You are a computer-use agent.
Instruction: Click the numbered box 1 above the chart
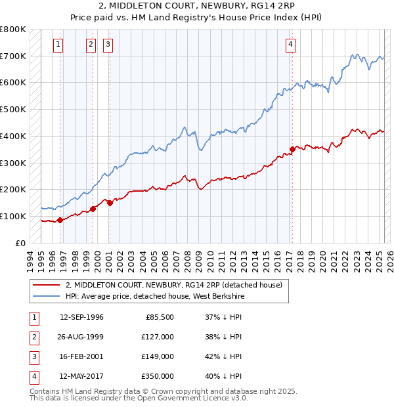tap(58, 45)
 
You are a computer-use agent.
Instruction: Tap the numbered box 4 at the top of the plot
tap(290, 45)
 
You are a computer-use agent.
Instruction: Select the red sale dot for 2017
tap(292, 149)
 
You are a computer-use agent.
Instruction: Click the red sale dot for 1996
tap(60, 220)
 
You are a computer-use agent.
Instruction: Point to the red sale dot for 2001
tap(110, 203)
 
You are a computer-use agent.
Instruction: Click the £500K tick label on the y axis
tap(13, 110)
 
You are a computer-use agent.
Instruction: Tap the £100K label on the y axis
tap(13, 216)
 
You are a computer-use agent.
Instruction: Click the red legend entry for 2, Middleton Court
tap(173, 285)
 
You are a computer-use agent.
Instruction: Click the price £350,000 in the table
tap(157, 376)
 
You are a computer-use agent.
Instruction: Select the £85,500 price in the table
tap(160, 317)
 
